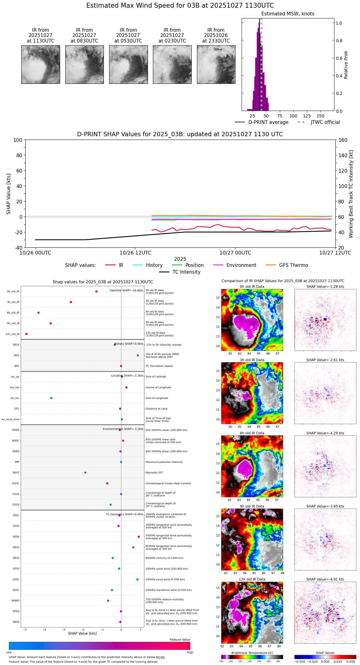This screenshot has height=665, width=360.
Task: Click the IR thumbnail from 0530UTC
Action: coord(128,64)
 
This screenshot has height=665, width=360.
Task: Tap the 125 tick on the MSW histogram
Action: coord(307,116)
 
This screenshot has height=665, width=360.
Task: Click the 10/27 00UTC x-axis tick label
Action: coord(235,253)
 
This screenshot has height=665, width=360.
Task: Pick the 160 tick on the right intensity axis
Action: coord(343,140)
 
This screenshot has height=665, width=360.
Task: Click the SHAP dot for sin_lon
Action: coord(51,398)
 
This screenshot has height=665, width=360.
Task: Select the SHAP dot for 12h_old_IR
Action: coord(27,334)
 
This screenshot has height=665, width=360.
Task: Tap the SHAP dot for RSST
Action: coord(85,473)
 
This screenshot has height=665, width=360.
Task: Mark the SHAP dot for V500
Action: coord(139,537)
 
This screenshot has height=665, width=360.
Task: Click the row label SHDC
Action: coord(15,441)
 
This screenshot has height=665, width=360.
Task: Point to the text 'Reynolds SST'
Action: coord(154,473)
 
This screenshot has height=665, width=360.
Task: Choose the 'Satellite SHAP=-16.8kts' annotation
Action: coord(126,291)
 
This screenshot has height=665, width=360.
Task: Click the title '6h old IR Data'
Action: coord(252,433)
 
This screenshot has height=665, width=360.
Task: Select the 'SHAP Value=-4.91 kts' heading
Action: coord(325,580)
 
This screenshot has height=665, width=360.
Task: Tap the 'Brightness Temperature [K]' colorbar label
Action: coord(252,653)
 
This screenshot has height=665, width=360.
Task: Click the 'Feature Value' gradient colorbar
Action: coord(100,646)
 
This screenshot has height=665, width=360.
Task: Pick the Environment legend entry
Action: coord(241,265)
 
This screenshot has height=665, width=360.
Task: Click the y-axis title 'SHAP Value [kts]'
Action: coord(9,194)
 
